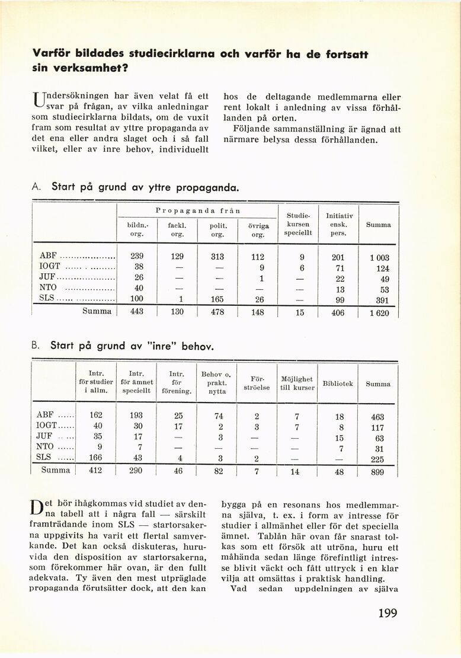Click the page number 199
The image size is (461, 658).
click(x=388, y=612)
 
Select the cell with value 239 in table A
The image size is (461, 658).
click(x=137, y=257)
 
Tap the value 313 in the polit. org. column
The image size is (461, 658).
click(x=217, y=257)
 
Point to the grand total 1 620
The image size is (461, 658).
click(x=379, y=313)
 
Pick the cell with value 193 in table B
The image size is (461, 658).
click(x=137, y=416)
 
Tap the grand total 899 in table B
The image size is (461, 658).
click(x=377, y=472)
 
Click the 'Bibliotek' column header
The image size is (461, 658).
click(x=338, y=384)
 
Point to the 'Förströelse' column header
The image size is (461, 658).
click(x=256, y=383)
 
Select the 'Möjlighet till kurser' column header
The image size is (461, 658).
click(x=298, y=383)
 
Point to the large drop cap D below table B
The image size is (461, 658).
click(x=37, y=507)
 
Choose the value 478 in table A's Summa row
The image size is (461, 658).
click(x=217, y=312)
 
